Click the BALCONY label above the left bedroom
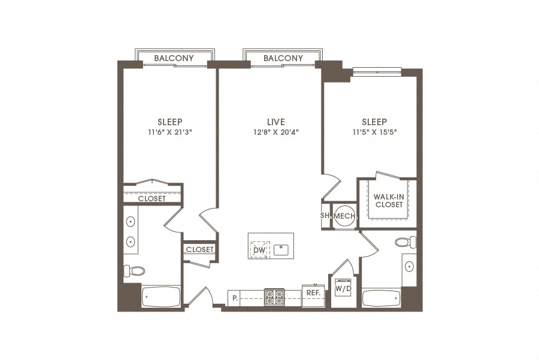click(174, 58)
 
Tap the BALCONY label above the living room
click(283, 58)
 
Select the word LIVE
click(277, 122)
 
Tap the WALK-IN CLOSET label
click(389, 200)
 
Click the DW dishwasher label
click(259, 249)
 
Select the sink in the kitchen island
click(281, 249)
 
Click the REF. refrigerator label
click(313, 292)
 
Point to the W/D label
click(343, 289)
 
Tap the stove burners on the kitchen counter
click(274, 297)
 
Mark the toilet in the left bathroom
click(135, 271)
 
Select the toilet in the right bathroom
click(405, 243)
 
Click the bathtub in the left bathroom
click(161, 297)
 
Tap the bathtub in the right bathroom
click(381, 298)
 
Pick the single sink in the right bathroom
click(409, 265)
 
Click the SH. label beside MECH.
click(326, 216)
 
